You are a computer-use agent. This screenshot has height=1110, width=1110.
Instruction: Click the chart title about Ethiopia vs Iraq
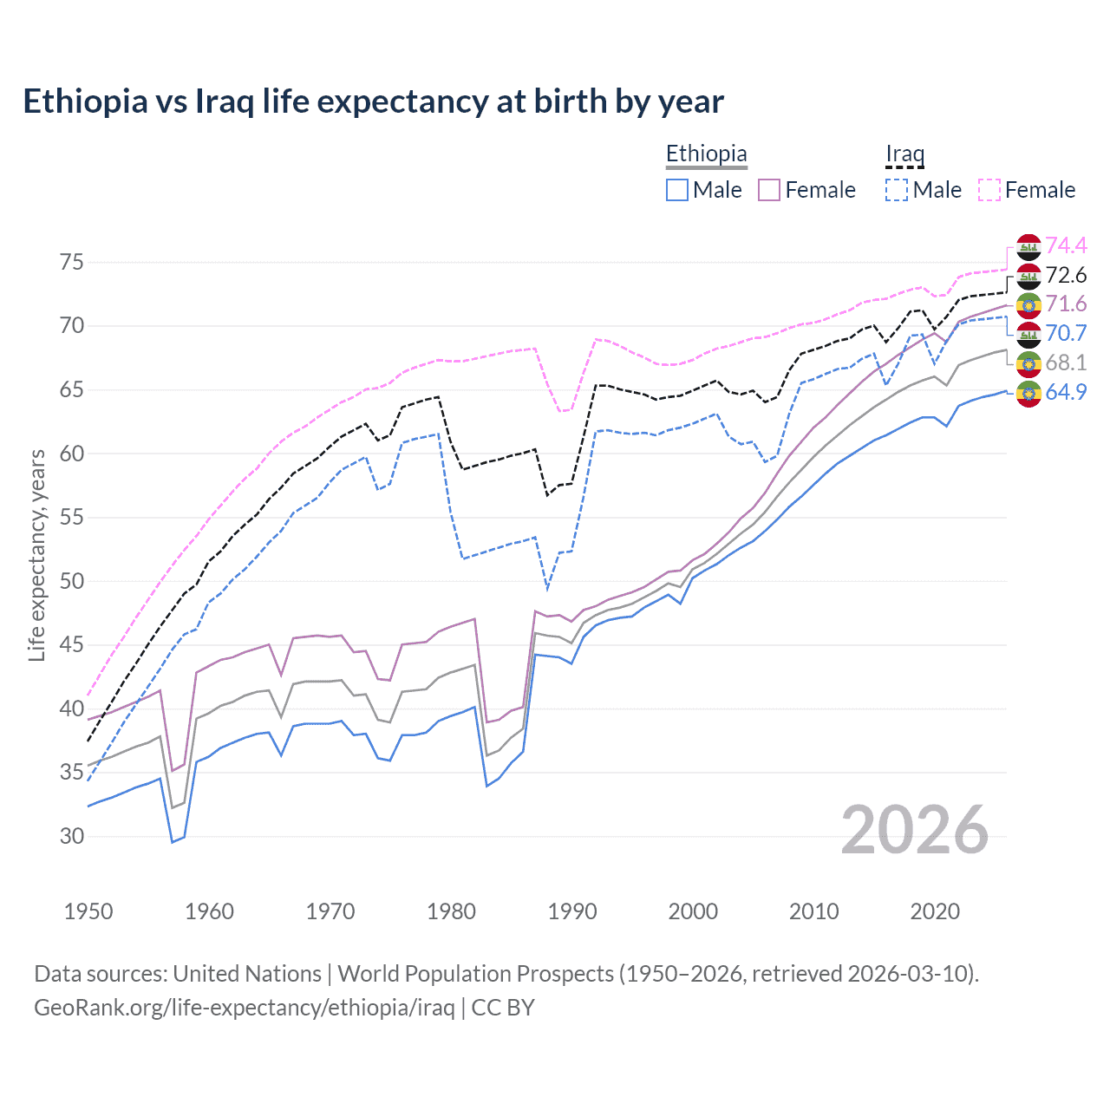373,101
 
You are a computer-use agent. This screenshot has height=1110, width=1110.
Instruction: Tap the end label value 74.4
1066,246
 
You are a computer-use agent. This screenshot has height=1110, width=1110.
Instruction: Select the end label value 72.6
1066,276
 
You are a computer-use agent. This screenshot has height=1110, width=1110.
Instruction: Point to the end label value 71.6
1066,304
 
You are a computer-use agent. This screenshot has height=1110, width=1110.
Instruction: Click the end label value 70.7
1066,334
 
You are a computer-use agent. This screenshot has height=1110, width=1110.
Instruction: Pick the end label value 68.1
1066,362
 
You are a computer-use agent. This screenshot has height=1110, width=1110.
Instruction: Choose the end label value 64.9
1066,392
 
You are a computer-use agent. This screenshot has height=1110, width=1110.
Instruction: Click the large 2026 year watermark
914,830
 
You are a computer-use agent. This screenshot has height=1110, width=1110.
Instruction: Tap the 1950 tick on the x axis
88,911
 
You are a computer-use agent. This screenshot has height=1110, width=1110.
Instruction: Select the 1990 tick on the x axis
572,911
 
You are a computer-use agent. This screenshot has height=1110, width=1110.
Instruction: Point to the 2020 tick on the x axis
935,911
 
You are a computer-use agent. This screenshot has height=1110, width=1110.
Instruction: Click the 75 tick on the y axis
72,262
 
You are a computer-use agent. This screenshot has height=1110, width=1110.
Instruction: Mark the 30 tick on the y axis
72,836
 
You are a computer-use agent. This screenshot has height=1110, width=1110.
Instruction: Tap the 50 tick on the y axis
72,581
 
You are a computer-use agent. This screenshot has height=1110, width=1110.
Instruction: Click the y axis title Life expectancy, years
37,555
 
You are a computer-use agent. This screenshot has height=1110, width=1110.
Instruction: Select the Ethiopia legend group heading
706,153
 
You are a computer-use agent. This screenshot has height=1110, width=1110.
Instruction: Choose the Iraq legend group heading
904,153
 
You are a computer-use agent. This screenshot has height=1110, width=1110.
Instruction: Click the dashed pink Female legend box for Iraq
989,190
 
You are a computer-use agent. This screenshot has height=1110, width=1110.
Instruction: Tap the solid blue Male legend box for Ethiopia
677,190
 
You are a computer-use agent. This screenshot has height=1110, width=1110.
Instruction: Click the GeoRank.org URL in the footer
245,1008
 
